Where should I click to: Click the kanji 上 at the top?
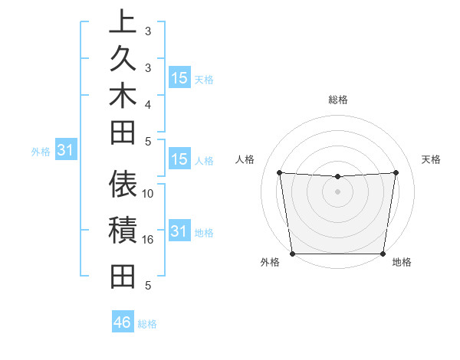click(x=123, y=21)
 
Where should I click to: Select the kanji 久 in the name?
click(x=123, y=59)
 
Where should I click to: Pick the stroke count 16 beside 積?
click(x=148, y=240)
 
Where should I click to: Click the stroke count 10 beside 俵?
click(x=148, y=194)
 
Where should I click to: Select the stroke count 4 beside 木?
click(x=148, y=103)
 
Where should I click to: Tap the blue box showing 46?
click(x=122, y=322)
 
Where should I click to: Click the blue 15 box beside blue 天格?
click(x=179, y=77)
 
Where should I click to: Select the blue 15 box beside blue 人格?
click(x=179, y=159)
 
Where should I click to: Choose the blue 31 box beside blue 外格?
click(x=65, y=150)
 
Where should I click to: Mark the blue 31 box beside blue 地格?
click(x=179, y=231)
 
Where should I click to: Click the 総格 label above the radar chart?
click(x=338, y=100)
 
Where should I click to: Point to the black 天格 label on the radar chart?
click(x=432, y=159)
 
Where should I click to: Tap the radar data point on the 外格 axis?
click(x=293, y=253)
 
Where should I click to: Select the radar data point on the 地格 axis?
click(x=383, y=254)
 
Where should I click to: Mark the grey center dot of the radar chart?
click(x=337, y=191)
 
